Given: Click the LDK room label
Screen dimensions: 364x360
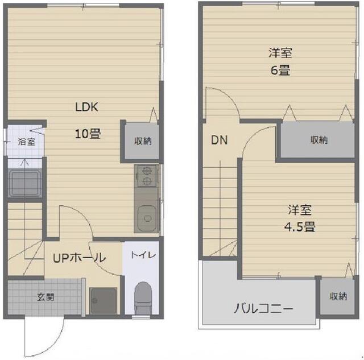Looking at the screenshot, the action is pos(86,107).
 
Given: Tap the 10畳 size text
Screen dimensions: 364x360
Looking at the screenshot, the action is pos(88,134).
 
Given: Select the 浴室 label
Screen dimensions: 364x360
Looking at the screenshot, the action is pos(27,142).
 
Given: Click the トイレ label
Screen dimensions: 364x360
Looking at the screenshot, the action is pos(143,255).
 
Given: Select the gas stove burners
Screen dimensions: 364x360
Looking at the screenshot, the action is pos(147,176).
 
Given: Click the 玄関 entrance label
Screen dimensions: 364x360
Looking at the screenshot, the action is pos(45,297).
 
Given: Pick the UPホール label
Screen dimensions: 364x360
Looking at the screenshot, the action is pos(80,258).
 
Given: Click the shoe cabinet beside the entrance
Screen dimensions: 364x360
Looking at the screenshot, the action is pos(104,301).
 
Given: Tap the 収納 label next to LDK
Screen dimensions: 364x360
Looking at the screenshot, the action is pos(143,141).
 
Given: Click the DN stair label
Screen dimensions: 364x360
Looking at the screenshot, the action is pos(219,140).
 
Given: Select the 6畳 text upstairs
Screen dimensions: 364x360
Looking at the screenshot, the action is pos(280,70).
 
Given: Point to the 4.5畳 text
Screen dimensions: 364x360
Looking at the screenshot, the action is pos(300,226).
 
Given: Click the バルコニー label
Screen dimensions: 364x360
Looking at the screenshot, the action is pos(263,309).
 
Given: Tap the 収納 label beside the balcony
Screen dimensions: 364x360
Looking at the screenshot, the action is pos(338,296).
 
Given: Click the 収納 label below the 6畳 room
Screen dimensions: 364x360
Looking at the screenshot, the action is pos(319,140).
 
